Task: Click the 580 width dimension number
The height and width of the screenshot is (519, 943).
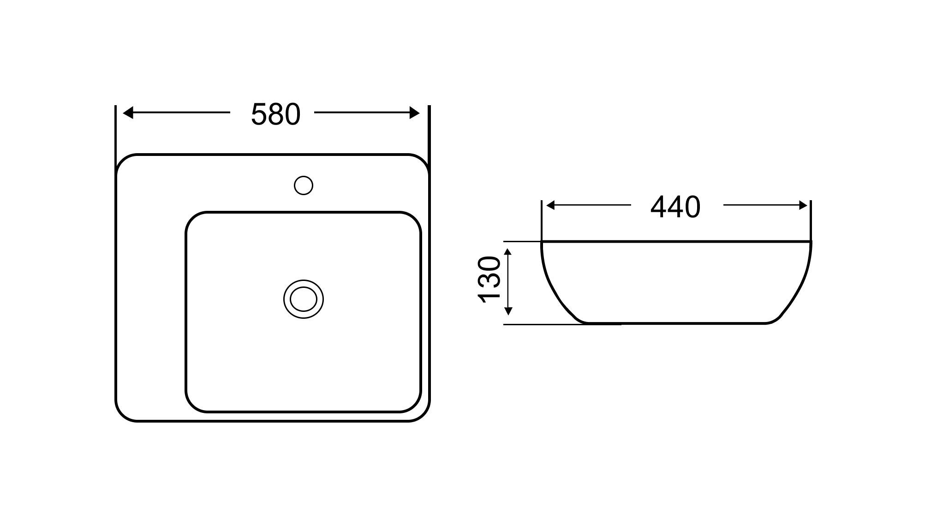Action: point(275,114)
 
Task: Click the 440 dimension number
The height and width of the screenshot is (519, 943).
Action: point(675,207)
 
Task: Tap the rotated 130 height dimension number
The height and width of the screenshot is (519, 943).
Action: point(489,280)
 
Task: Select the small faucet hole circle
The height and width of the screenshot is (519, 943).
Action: point(304,185)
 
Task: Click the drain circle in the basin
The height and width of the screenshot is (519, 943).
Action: point(304,299)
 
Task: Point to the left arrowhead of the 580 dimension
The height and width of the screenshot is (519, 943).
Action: point(128,113)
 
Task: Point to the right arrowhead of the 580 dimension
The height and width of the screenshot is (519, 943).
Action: point(415,113)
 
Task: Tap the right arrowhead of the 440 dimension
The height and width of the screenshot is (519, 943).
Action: point(803,205)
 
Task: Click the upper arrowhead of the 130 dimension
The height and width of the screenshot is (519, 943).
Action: point(508,252)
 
